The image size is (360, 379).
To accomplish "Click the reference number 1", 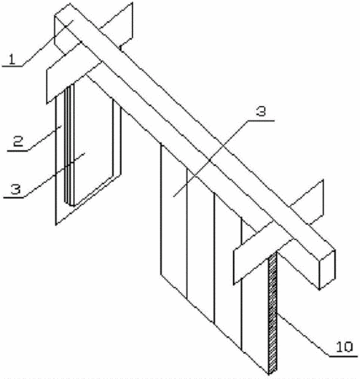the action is (12, 60).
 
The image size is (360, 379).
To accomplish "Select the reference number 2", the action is (18, 141).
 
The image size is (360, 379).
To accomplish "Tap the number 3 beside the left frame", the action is (16, 189).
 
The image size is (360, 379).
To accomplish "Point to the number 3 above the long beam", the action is (261, 111).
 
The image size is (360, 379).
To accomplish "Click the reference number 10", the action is (344, 347).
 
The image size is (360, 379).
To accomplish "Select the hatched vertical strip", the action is (273, 313).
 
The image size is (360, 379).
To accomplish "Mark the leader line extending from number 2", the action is (45, 138).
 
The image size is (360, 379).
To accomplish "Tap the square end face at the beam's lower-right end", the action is (327, 270).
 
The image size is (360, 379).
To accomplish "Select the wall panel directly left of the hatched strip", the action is (255, 301).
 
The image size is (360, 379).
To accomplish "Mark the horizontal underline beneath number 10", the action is (343, 356).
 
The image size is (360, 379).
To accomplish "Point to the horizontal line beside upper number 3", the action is (261, 120).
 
